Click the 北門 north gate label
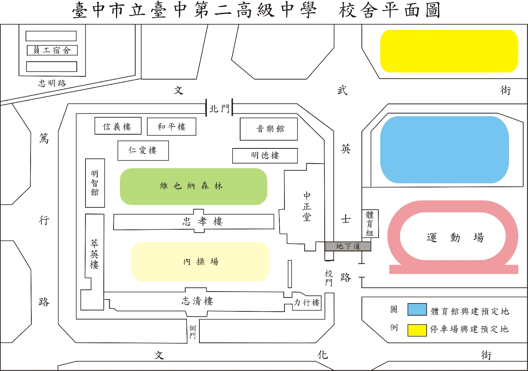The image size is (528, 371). [x=219, y=109]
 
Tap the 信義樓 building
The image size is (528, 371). [x=118, y=126]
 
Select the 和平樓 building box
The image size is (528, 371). [x=171, y=127]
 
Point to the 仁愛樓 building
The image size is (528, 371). [x=143, y=150]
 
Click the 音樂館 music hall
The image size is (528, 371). [x=269, y=129]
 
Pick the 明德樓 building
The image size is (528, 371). [x=265, y=156]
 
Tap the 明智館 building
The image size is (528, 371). [x=95, y=183]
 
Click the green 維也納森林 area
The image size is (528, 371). [x=193, y=186]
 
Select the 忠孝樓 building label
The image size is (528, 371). [x=202, y=221]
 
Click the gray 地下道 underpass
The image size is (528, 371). [x=348, y=246]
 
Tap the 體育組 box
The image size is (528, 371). [x=370, y=223]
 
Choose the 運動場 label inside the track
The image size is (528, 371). [x=455, y=237]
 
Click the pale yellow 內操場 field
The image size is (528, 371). [x=200, y=262]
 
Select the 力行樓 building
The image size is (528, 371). [x=307, y=302]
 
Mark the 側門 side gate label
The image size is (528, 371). [x=193, y=332]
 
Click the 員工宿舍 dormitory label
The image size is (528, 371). [x=52, y=50]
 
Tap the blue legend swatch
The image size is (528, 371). [x=417, y=309]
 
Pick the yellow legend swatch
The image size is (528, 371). [x=417, y=330]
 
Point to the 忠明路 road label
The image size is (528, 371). [x=52, y=83]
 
